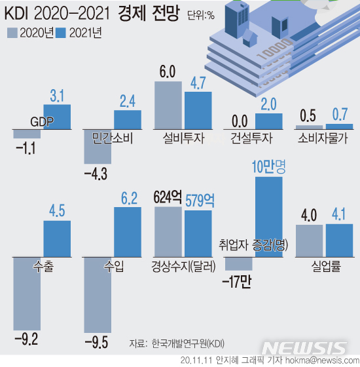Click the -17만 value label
236,282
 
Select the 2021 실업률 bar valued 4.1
338,241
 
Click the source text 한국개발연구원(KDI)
187,343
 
